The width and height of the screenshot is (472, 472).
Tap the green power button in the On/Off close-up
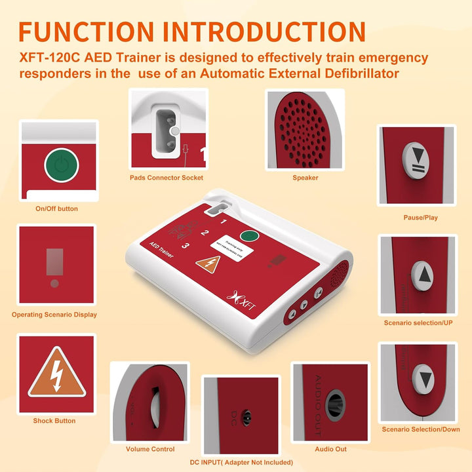[61, 165]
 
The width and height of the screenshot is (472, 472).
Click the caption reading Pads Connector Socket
[166, 178]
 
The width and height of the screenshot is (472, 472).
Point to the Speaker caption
[305, 178]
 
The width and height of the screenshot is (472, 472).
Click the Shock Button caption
[54, 421]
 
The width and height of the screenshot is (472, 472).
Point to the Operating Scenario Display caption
[54, 315]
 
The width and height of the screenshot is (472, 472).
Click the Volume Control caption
[150, 449]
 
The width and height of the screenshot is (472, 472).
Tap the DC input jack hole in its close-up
[247, 416]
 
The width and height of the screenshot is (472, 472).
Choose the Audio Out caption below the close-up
[331, 449]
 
